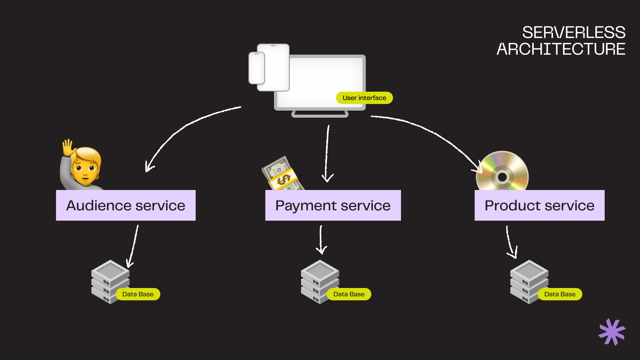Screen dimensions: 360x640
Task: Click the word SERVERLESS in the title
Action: click(573, 33)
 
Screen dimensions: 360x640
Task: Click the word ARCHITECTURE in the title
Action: click(561, 49)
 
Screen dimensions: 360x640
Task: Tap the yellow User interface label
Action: click(364, 98)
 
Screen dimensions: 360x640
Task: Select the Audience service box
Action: click(126, 205)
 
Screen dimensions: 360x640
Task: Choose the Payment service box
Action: click(333, 205)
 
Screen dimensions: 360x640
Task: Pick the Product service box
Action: click(539, 205)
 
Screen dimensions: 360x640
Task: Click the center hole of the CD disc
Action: click(502, 177)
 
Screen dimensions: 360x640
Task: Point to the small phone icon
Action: click(256, 68)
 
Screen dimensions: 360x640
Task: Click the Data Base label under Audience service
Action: click(138, 294)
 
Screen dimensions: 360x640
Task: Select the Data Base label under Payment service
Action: click(349, 294)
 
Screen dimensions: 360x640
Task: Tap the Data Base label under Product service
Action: click(560, 294)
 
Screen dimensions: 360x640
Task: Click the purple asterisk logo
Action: click(612, 332)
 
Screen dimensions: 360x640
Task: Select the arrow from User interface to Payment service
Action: click(327, 153)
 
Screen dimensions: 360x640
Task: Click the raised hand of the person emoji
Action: click(68, 147)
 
